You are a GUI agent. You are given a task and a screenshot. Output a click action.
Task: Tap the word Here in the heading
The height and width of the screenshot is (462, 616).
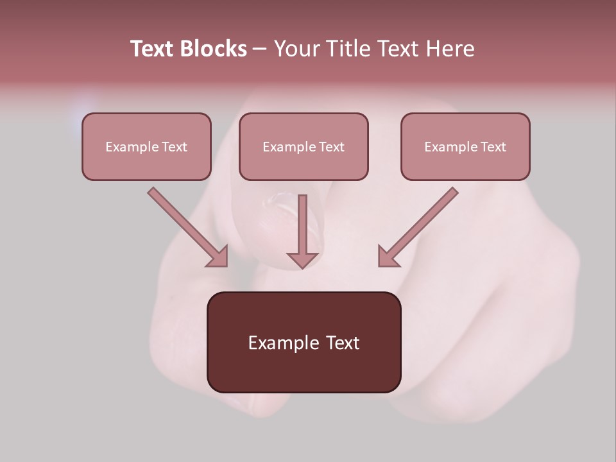450,49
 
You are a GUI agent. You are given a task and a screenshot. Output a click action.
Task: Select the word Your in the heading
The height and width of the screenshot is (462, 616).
296,49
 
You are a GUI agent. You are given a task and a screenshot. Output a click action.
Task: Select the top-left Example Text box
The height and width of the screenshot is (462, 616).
146,146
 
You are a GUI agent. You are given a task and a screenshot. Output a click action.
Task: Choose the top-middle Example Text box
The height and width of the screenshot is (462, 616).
304,146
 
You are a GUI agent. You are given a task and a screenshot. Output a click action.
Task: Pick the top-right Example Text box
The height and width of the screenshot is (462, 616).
465,146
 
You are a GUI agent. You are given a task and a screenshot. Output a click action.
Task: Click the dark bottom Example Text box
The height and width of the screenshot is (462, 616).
304,342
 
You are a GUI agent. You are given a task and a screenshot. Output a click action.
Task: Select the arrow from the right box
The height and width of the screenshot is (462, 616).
420,225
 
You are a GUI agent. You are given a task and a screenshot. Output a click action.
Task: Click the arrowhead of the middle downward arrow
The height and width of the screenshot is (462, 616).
302,259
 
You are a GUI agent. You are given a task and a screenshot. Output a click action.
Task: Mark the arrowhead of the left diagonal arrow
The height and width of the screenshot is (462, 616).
218,257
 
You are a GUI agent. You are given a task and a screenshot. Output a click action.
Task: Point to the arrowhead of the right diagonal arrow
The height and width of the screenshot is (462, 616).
388,257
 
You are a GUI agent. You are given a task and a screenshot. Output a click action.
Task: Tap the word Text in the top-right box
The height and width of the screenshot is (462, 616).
493,147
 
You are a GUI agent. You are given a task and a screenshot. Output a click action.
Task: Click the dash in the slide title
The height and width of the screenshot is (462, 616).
260,49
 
